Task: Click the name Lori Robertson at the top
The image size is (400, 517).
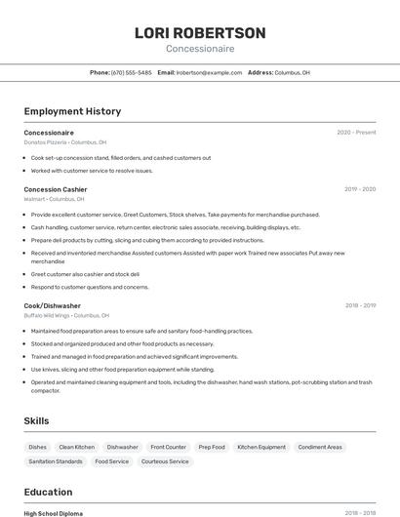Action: click(x=199, y=33)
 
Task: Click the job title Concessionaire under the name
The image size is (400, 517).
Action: click(x=199, y=48)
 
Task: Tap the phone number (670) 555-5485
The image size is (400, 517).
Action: click(x=131, y=72)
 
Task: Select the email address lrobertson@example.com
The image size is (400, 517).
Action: click(x=209, y=72)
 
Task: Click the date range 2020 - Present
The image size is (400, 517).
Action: click(x=356, y=133)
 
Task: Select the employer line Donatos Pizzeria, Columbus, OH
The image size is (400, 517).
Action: click(x=65, y=141)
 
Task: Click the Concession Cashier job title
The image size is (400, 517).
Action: click(x=56, y=189)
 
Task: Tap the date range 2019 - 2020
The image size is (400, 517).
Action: click(x=360, y=189)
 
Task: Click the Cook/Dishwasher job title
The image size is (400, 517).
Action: click(x=53, y=305)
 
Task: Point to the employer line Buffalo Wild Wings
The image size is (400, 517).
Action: click(x=66, y=315)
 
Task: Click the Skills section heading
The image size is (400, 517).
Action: click(x=37, y=420)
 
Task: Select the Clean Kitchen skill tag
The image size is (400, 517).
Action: click(x=77, y=447)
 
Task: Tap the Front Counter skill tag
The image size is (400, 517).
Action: click(x=168, y=447)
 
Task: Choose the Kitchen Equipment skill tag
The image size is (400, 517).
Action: click(x=261, y=447)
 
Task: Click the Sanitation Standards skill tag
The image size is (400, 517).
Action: click(x=56, y=461)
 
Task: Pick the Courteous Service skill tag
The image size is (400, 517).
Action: click(x=165, y=461)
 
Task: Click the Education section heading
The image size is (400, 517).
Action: click(x=48, y=492)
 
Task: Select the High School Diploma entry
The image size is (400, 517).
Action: click(x=54, y=513)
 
